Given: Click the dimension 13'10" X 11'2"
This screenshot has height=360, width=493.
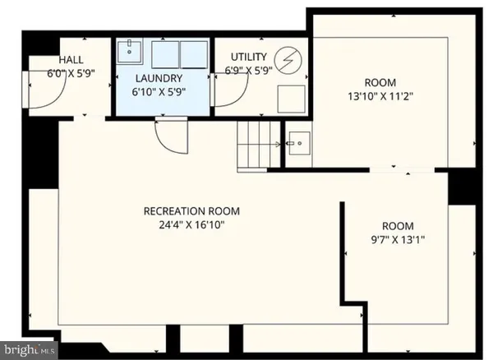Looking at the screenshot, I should coord(380,96).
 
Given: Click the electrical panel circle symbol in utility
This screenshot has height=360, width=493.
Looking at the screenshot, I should coord(288,59).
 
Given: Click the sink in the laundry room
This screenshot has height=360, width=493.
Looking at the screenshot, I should coord(130,52).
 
